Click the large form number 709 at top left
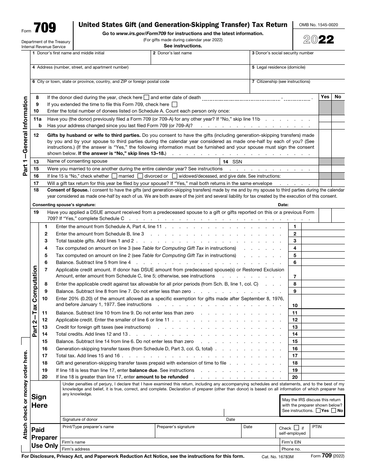pos(45,28)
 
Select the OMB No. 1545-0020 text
pos(318,25)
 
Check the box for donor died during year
pos(146,97)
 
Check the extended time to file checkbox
pos(175,104)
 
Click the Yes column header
pos(325,97)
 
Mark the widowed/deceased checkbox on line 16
pos(175,176)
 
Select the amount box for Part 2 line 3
pos(323,241)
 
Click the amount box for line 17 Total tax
pos(323,356)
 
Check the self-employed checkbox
pos(296,428)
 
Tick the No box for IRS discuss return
pos(334,411)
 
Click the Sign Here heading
pos(39,401)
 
